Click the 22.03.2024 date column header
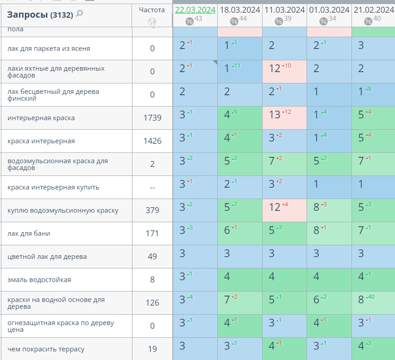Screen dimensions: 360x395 pos(195,10)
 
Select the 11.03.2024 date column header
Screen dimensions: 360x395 pos(284,10)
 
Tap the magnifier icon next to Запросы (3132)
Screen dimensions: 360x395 pos(79,14)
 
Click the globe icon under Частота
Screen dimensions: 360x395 pos(152,22)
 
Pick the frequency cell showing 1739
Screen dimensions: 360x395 pos(152,118)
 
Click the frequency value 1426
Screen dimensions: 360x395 pos(152,141)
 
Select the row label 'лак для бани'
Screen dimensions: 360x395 pos(29,234)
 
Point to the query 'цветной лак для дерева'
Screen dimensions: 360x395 pos(47,257)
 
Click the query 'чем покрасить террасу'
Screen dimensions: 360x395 pos(46,349)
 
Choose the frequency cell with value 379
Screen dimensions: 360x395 pos(152,210)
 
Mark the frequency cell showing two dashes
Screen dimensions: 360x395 pos(152,187)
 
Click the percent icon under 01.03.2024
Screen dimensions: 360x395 pos(323,21)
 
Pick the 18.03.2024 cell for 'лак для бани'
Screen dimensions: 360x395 pos(239,234)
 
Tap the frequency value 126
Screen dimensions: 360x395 pos(152,303)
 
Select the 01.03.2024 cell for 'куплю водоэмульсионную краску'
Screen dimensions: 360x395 pos(329,210)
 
